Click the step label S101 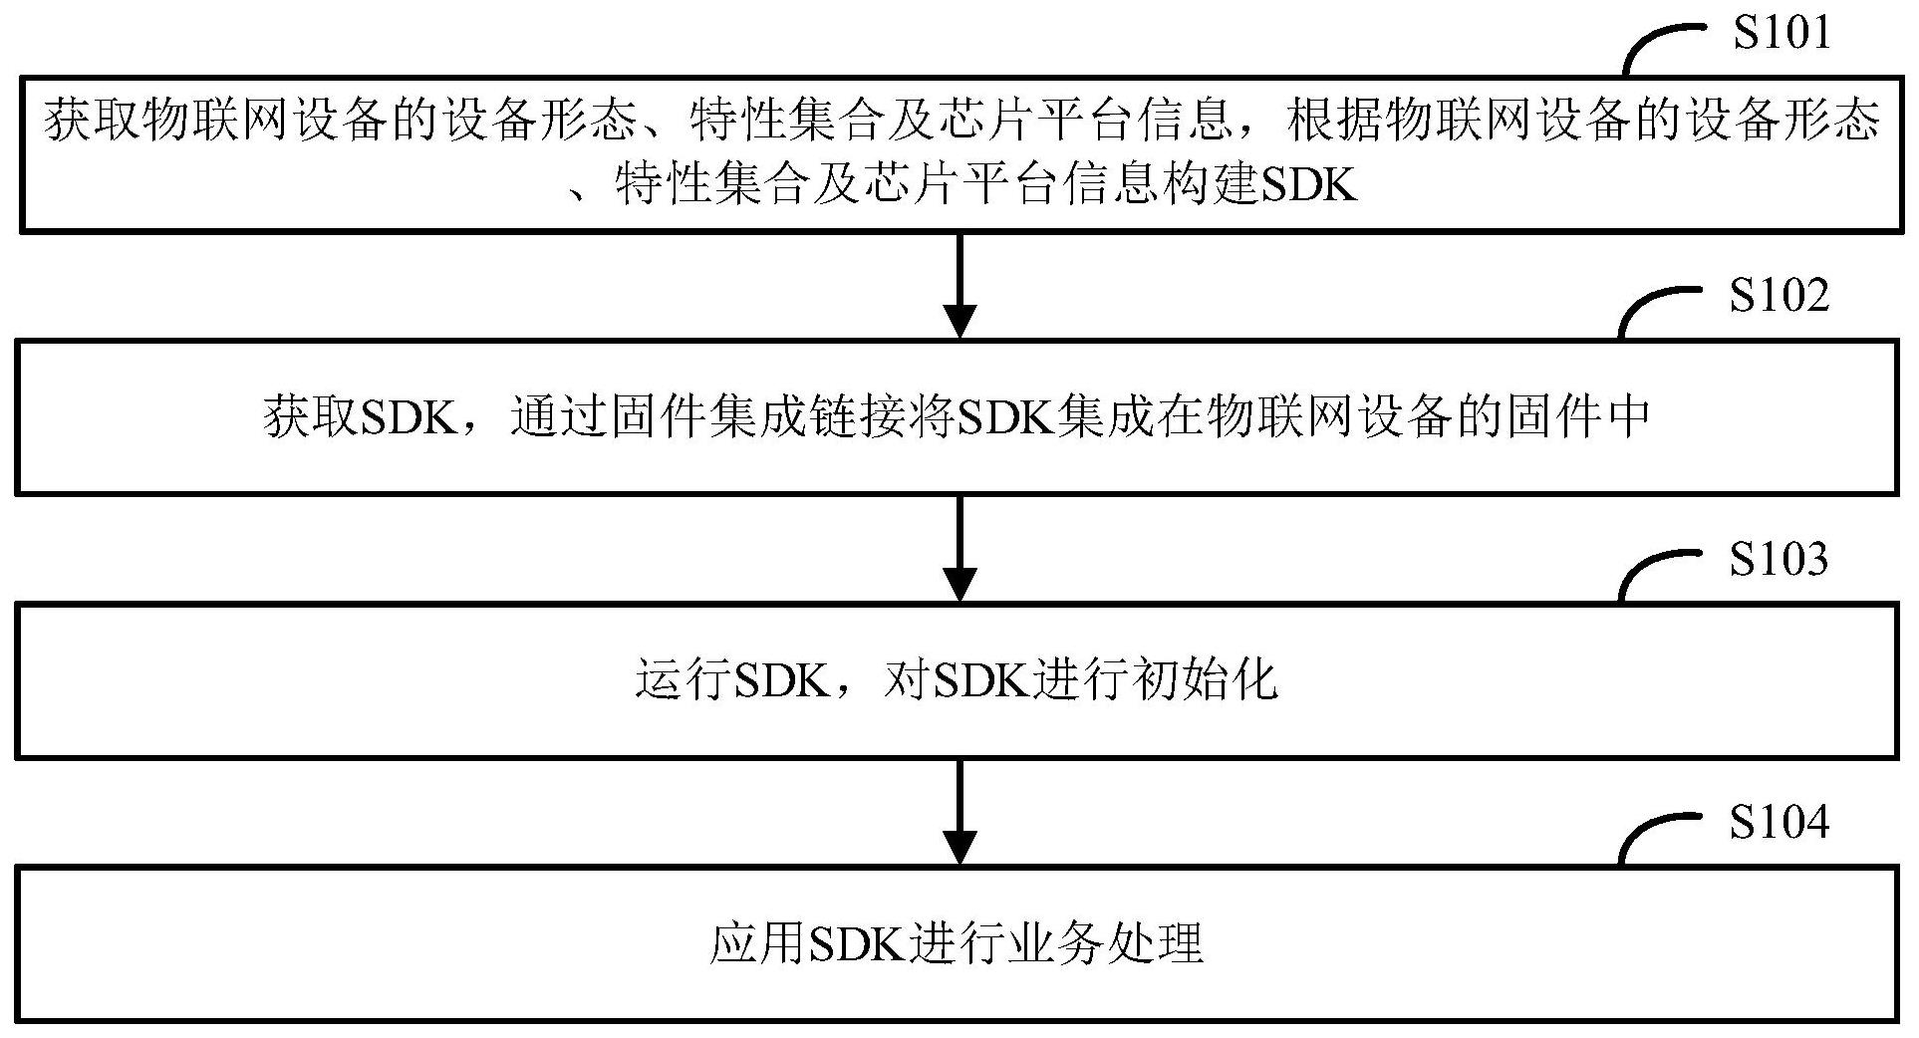[x=1781, y=32]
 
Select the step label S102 [x=1779, y=296]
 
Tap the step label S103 [x=1779, y=560]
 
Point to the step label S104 [x=1779, y=822]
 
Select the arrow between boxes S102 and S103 [x=959, y=548]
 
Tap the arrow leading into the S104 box [x=959, y=812]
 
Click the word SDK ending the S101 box [x=1309, y=185]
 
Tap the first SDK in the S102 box [x=408, y=418]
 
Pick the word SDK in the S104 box [x=856, y=943]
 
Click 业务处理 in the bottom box [x=1104, y=943]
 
